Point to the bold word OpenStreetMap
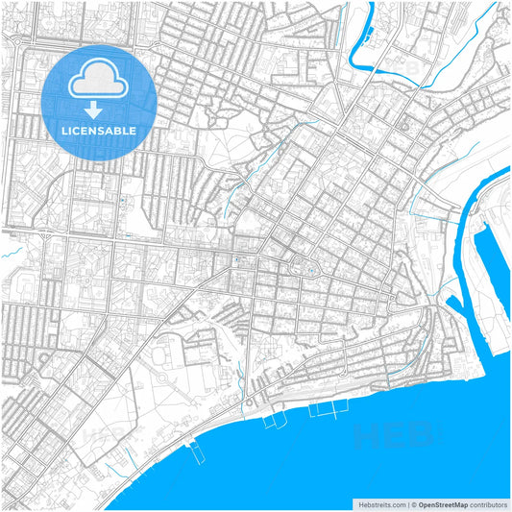point(443,503)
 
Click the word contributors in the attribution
point(487,503)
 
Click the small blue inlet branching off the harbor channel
point(453,305)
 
